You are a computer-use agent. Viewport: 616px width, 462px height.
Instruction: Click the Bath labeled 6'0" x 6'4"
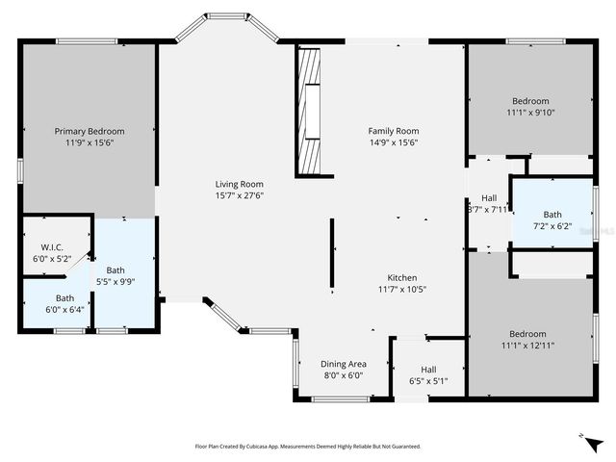(x=64, y=303)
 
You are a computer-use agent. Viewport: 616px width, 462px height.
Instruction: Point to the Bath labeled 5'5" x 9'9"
(x=115, y=276)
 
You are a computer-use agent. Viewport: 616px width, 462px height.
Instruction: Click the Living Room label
(x=239, y=184)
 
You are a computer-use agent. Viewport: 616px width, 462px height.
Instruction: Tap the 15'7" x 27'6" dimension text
(x=239, y=195)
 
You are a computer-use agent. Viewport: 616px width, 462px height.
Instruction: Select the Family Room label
(x=394, y=131)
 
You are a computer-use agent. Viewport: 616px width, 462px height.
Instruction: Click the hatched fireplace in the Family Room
(x=310, y=109)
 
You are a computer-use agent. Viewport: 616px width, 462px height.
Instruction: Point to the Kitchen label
(x=401, y=277)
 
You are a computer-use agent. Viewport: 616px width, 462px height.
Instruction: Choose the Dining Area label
(x=343, y=364)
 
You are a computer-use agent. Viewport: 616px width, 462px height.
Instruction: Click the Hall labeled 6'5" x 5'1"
(x=428, y=374)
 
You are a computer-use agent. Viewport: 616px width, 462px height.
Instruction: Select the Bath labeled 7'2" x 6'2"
(x=552, y=220)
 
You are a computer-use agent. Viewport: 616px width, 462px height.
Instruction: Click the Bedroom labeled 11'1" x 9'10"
(x=529, y=106)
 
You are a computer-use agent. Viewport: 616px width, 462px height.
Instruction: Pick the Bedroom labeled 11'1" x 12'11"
(x=527, y=339)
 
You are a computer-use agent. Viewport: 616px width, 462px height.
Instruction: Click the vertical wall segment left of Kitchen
(x=332, y=255)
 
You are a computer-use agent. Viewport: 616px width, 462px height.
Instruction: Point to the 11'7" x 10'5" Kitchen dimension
(x=401, y=289)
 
